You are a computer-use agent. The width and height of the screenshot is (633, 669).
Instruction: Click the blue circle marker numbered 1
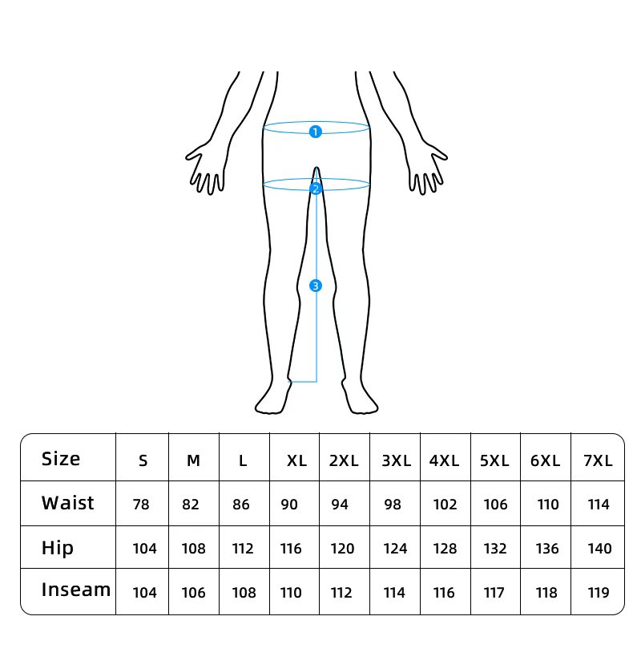[316, 132]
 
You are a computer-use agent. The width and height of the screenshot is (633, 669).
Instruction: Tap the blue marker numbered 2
[316, 189]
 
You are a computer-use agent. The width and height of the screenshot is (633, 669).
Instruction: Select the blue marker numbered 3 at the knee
[316, 286]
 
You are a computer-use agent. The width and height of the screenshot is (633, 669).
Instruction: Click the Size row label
[61, 459]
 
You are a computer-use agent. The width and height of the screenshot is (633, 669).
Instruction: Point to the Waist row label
[67, 503]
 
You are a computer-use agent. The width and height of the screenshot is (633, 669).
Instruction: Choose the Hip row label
[58, 548]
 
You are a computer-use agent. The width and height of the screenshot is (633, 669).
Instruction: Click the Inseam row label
[76, 590]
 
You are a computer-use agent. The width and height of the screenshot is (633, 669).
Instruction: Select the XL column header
[296, 460]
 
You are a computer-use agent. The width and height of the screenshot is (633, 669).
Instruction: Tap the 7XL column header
[598, 460]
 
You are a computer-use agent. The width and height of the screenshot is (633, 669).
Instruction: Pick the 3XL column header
[396, 460]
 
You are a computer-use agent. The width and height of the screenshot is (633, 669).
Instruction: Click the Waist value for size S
[141, 505]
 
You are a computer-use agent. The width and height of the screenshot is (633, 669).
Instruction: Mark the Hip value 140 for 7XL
[599, 549]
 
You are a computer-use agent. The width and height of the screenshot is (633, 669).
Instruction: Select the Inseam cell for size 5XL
[494, 593]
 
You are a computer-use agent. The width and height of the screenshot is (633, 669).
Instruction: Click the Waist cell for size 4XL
[445, 505]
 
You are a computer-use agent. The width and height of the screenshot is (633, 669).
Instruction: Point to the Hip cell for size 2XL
[342, 549]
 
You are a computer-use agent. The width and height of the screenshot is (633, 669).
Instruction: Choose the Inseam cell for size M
[194, 593]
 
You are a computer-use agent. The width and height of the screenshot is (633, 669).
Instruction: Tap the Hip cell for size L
[243, 549]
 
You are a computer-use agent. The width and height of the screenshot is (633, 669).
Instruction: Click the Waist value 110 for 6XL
[548, 505]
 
